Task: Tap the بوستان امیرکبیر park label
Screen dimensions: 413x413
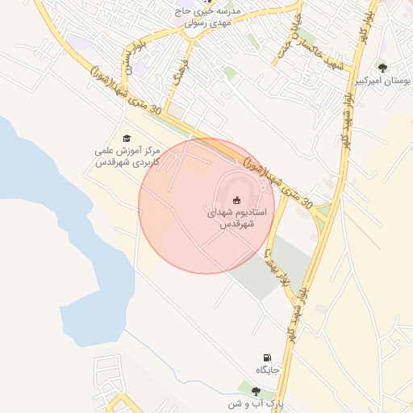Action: pos(382,82)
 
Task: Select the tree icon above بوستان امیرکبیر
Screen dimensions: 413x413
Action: pos(382,69)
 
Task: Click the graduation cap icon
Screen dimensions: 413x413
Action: pos(127,139)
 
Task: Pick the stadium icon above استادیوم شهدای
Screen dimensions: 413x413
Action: pos(236,199)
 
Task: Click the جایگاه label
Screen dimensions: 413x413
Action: pos(267,369)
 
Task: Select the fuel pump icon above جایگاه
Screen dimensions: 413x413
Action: pos(267,357)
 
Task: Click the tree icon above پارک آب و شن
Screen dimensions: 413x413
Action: pos(256,390)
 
